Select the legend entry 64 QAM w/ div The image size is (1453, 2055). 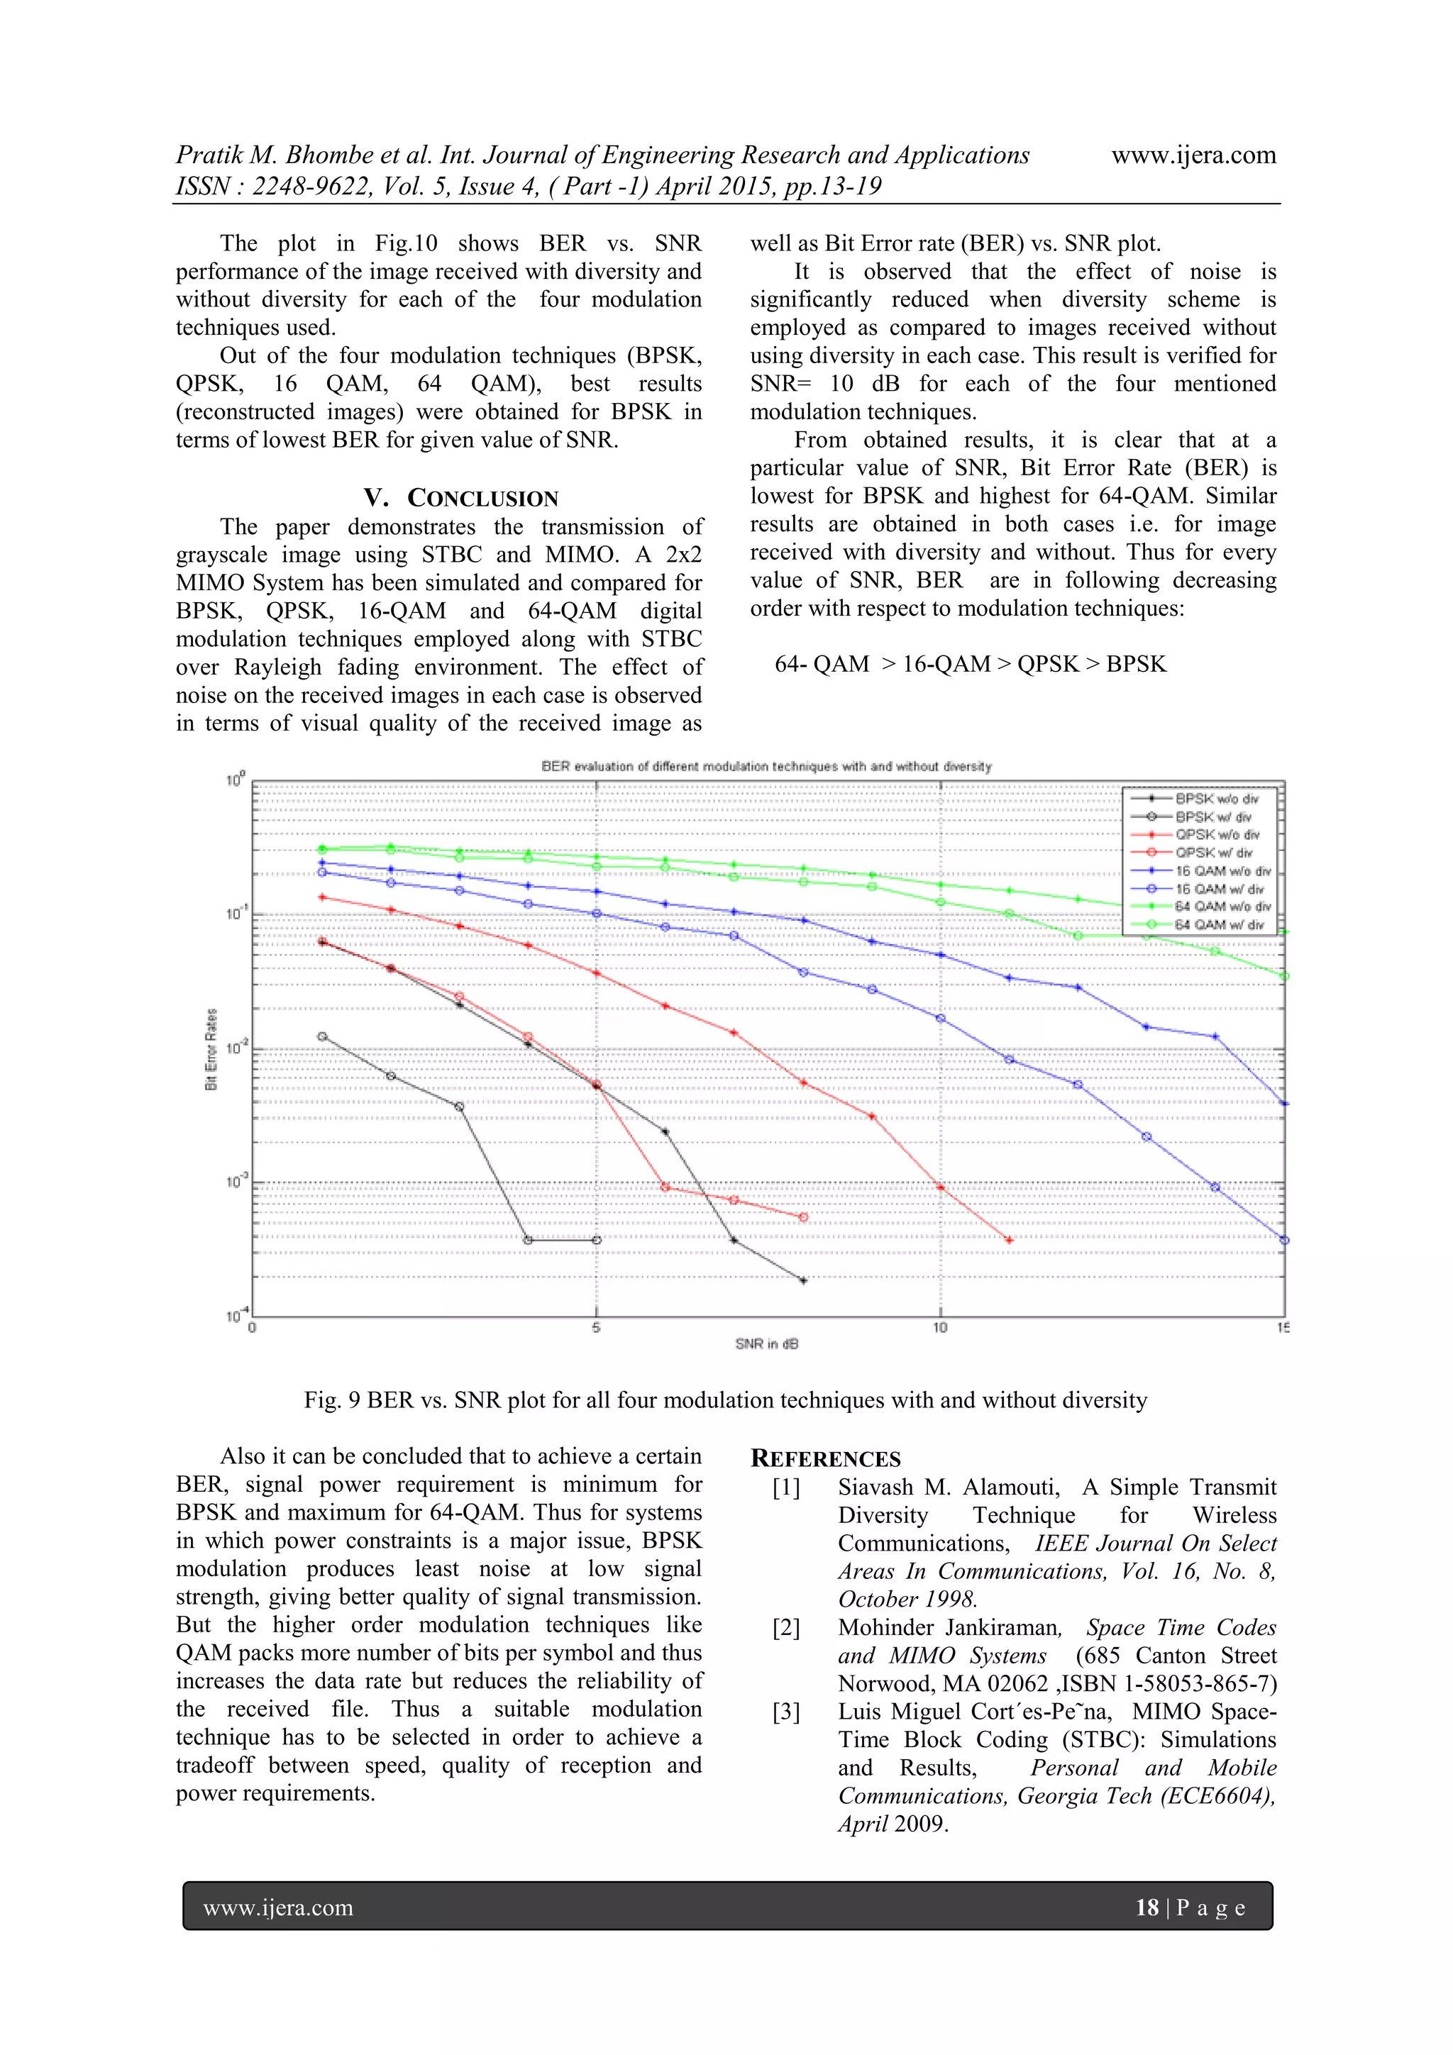1218,924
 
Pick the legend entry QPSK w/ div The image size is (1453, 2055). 1213,852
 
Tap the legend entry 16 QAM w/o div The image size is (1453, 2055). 1222,870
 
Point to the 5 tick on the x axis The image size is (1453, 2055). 596,1328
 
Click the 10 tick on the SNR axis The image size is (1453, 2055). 940,1328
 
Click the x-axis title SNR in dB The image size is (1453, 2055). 766,1344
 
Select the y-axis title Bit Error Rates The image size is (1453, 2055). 212,1049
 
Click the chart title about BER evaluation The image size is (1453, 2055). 766,766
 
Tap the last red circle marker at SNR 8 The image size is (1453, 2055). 803,1217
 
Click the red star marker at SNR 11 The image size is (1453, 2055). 1010,1241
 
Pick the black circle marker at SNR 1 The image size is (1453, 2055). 322,1036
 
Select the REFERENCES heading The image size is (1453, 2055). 825,1459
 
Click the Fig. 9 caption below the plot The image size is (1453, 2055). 725,1401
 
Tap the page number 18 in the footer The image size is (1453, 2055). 1147,1907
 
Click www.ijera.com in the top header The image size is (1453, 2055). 1193,155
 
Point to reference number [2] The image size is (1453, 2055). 786,1628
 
